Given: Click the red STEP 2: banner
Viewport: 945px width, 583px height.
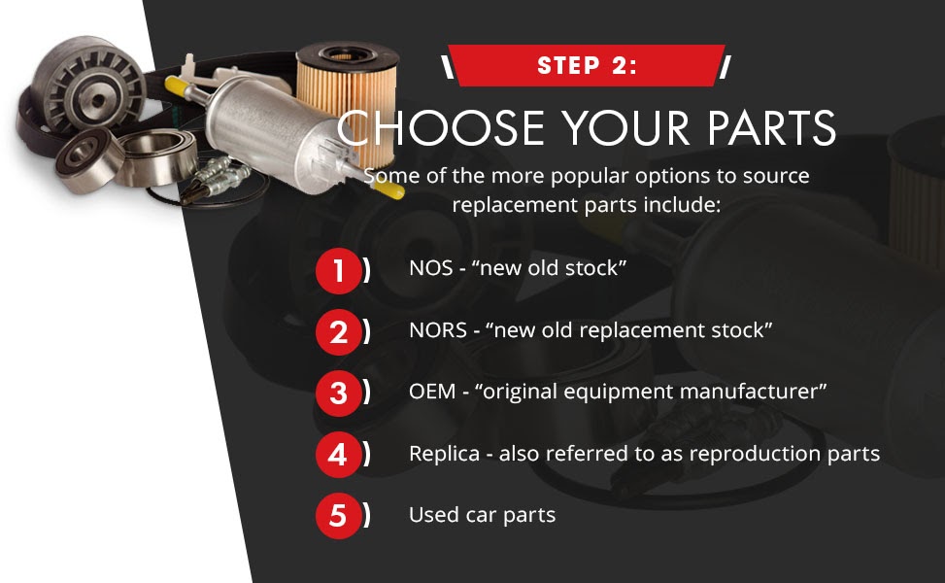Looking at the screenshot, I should (x=586, y=66).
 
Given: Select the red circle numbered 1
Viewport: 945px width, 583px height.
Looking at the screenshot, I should (x=338, y=271).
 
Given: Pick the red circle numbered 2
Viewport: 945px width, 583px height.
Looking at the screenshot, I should (x=338, y=332).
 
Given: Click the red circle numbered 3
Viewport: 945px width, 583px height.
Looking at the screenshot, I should (x=338, y=394).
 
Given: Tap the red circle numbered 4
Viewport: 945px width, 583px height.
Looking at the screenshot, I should (x=338, y=455).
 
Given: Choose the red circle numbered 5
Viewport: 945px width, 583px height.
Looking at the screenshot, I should (x=338, y=516).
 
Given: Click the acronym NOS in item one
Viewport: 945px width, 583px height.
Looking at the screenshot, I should (x=430, y=268).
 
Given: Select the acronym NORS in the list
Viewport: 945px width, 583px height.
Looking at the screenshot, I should (x=436, y=330).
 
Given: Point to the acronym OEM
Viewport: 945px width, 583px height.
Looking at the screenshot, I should (x=431, y=392).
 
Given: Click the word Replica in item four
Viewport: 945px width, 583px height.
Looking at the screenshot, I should (x=444, y=454).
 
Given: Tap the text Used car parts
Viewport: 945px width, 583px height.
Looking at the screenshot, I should (x=482, y=515).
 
